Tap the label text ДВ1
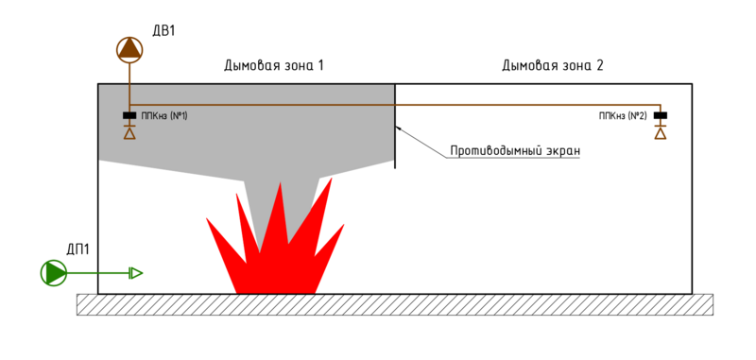click(x=163, y=30)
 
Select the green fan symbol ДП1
click(x=54, y=273)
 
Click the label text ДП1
click(x=77, y=249)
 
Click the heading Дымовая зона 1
click(x=273, y=66)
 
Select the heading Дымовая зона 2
click(x=552, y=66)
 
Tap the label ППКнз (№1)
click(x=164, y=116)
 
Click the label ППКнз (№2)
click(x=622, y=116)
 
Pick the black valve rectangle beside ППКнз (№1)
click(x=129, y=116)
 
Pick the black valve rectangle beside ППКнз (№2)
click(x=660, y=116)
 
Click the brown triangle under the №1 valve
click(x=129, y=133)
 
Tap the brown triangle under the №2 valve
click(x=660, y=133)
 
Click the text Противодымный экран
click(x=514, y=151)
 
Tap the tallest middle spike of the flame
click(x=280, y=203)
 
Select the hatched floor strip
click(x=394, y=304)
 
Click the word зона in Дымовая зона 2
click(x=570, y=66)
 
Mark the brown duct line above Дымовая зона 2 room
click(x=529, y=105)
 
